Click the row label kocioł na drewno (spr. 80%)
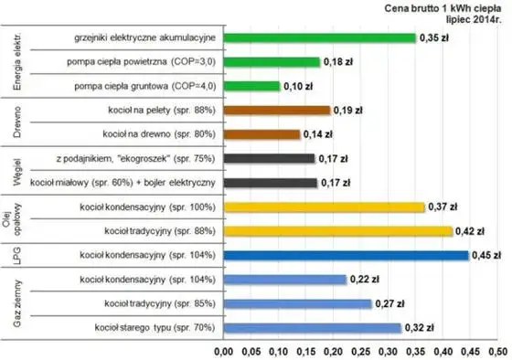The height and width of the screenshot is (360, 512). coord(156,133)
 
